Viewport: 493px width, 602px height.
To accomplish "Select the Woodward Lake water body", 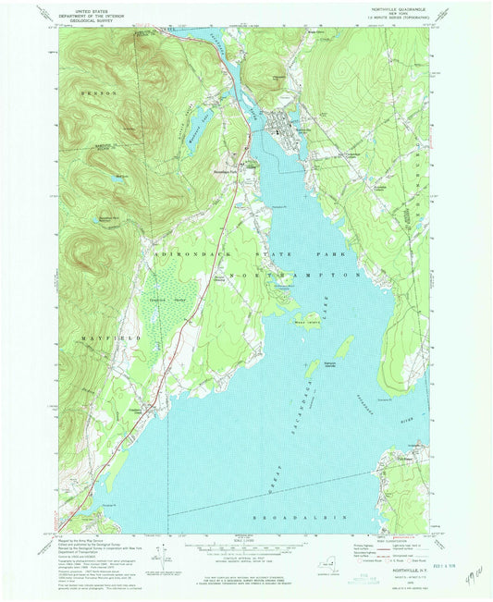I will [x=198, y=115].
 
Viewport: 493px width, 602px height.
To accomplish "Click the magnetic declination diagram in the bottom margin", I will [x=161, y=556].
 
